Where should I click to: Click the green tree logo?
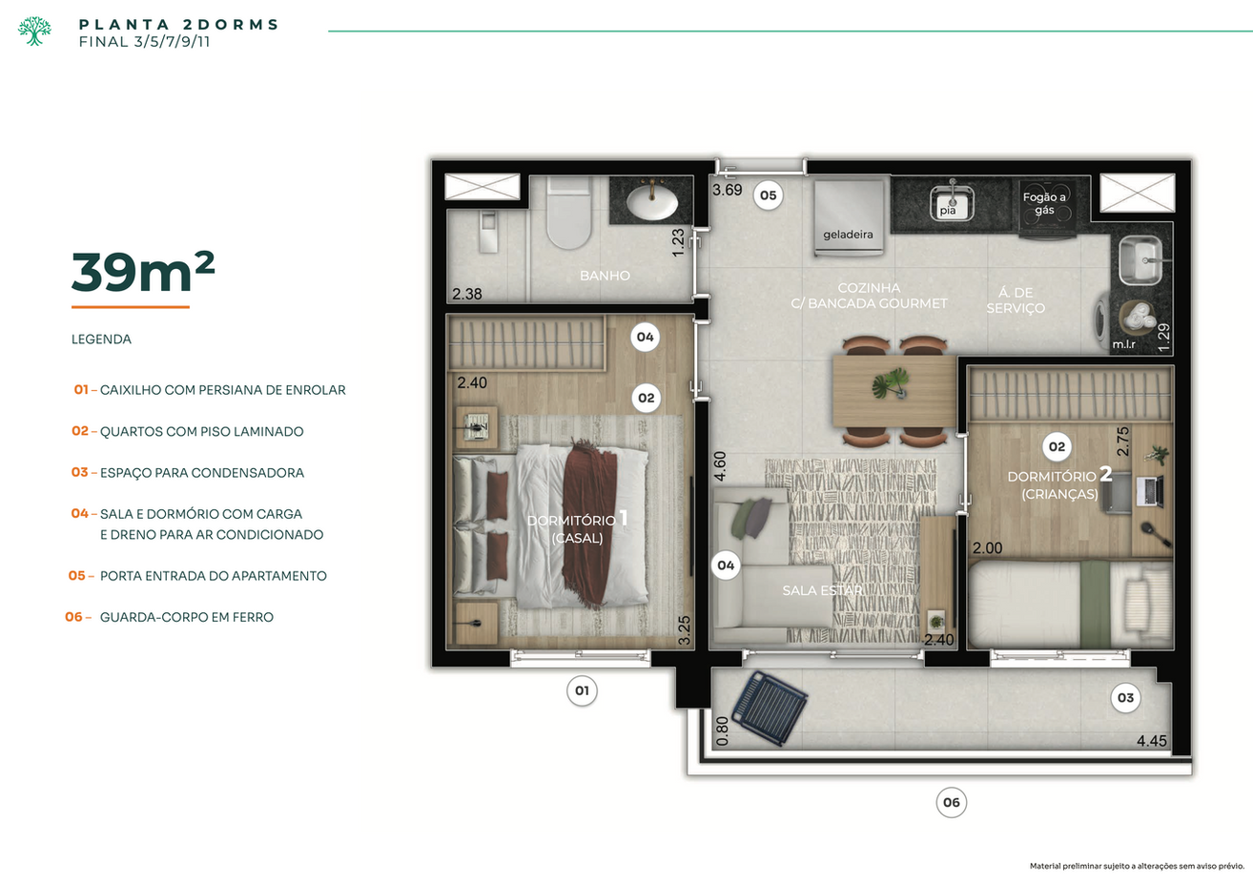[34, 31]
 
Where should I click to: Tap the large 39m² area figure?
[143, 272]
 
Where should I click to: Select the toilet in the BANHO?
[568, 214]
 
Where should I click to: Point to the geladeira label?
[848, 235]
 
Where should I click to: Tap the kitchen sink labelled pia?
[952, 203]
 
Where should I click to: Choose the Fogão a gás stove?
[1045, 208]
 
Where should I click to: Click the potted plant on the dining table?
[891, 383]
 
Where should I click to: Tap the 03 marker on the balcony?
[1125, 698]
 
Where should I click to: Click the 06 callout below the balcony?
[952, 802]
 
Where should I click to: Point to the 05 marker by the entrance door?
[768, 195]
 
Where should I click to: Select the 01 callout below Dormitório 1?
[582, 690]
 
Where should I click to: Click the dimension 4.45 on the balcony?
[1152, 741]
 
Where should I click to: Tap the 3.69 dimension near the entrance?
[728, 190]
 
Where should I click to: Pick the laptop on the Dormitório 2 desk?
[1149, 492]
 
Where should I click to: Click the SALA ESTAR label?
[822, 590]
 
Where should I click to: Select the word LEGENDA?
[101, 339]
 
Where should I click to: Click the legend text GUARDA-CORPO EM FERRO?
[187, 617]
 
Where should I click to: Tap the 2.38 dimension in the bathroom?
[467, 294]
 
